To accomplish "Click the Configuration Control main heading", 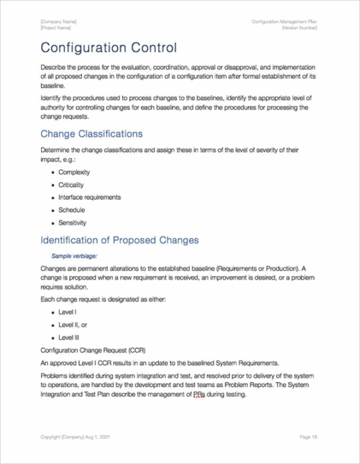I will coord(109,48).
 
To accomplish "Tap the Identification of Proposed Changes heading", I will coord(119,240).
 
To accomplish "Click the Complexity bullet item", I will coord(74,172).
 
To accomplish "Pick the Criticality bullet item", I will coord(71,185).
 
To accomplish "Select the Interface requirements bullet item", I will coord(90,198).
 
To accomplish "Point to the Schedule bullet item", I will coord(71,210).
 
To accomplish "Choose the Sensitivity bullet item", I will coord(73,222).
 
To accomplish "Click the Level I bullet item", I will coord(68,311).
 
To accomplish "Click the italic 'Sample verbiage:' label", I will coord(74,256).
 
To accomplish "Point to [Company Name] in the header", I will coord(59,22).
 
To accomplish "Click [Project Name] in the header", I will coord(56,28).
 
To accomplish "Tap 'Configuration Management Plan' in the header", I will coord(284,22).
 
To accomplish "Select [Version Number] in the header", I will coord(299,28).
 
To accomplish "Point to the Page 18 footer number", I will coord(308,438).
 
